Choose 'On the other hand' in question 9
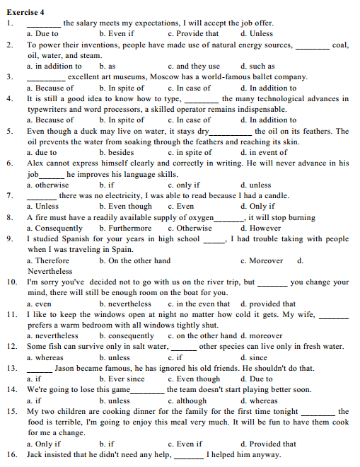tap(135, 261)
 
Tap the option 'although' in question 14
tap(190, 400)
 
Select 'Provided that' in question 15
tap(268, 444)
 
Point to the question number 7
tap(9, 195)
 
